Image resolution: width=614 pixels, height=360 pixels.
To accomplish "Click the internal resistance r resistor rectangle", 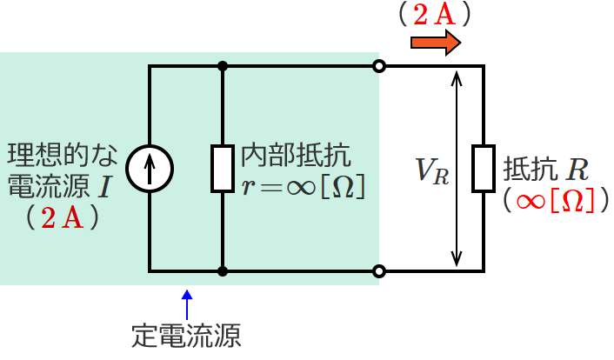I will [224, 168].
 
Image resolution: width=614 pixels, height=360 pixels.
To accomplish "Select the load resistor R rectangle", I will [483, 168].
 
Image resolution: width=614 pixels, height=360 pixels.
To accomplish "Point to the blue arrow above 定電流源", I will [187, 303].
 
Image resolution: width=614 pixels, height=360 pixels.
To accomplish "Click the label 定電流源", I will [186, 334].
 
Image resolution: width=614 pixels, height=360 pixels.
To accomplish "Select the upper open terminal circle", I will [378, 66].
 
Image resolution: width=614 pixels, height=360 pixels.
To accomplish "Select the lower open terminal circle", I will [378, 271].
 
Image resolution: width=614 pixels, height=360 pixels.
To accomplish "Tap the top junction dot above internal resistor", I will [224, 66].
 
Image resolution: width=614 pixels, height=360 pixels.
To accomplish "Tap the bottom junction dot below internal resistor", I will [224, 271].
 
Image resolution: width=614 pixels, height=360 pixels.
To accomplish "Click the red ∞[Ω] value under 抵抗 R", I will [554, 201].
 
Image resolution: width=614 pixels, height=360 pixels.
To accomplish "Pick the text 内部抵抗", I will [296, 157].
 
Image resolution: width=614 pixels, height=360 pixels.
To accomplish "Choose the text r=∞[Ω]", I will [302, 186].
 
